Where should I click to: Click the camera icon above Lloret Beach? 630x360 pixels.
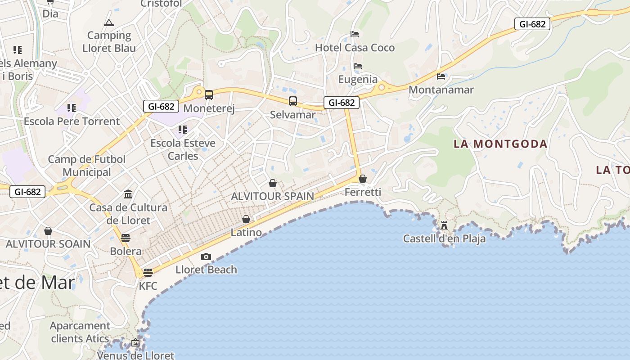tap(206, 256)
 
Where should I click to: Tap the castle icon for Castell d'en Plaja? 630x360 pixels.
tap(444, 225)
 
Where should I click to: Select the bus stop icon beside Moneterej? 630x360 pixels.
tap(209, 95)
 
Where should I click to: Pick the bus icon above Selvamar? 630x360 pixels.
tap(293, 101)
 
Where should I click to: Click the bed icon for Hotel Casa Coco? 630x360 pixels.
tap(355, 34)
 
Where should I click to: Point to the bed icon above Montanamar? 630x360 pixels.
tap(441, 76)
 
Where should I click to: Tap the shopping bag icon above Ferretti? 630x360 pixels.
tap(363, 179)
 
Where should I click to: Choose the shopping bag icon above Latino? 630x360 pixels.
tap(246, 219)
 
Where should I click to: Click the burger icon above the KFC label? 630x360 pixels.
tap(148, 272)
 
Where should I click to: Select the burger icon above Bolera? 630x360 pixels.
tap(126, 238)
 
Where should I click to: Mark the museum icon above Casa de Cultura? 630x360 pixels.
tap(128, 194)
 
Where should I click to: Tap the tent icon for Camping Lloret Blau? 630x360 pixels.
tap(108, 22)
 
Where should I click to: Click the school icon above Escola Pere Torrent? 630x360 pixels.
tap(72, 108)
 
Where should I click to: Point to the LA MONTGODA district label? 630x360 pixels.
tap(500, 144)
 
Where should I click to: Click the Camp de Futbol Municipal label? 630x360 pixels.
tap(87, 166)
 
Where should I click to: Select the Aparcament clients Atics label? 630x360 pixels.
tap(80, 332)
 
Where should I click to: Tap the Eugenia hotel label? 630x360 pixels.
tap(358, 80)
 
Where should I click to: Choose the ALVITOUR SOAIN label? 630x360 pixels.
tap(48, 244)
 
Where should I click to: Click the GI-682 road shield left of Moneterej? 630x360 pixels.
tap(161, 106)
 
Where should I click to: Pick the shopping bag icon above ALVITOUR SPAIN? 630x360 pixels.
tap(273, 183)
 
